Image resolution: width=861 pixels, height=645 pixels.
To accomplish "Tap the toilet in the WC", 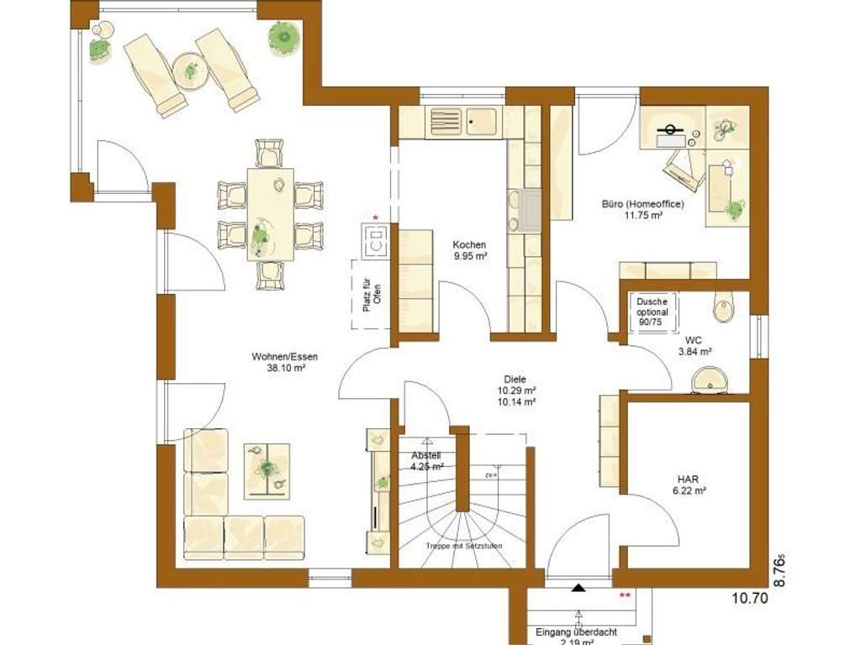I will [723, 308].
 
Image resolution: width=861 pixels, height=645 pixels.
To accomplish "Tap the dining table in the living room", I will [270, 213].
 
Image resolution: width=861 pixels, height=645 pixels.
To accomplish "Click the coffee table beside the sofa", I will [267, 469].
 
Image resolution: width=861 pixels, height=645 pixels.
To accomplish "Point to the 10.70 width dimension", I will [749, 599].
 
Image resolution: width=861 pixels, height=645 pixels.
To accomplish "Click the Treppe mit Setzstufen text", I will [464, 547].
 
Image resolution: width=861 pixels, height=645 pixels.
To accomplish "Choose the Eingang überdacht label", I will [566, 632].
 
